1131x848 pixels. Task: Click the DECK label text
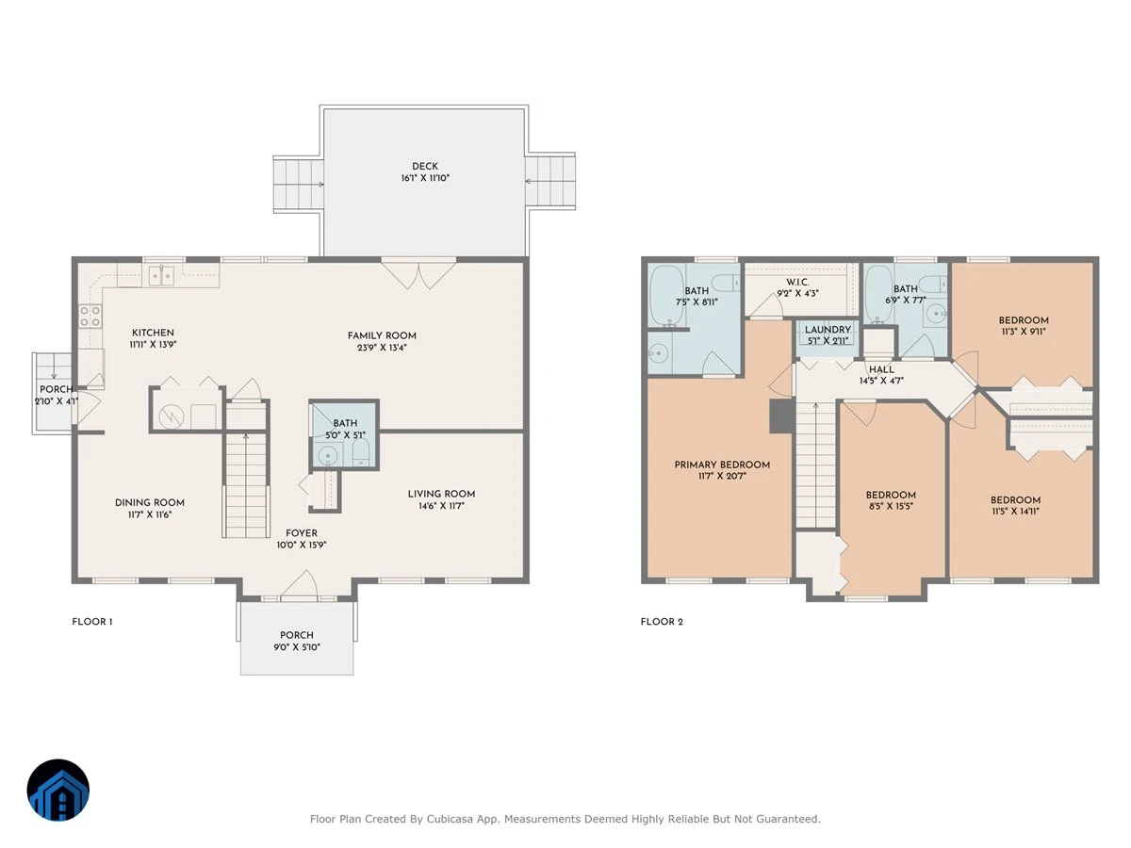[424, 167]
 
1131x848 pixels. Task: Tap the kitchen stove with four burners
[90, 316]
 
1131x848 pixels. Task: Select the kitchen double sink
[161, 275]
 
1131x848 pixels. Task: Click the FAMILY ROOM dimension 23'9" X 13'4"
[382, 348]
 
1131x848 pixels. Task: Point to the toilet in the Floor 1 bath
[361, 452]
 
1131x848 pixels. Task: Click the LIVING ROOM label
[441, 494]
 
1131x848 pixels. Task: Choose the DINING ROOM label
[150, 502]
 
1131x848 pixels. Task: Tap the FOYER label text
[302, 533]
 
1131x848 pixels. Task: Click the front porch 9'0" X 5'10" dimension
[297, 647]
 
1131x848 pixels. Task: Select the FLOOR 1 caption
[92, 622]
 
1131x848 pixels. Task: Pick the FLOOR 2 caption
[662, 622]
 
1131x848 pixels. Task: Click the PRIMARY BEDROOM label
[722, 465]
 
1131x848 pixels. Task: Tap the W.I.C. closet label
[797, 282]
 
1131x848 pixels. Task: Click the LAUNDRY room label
[828, 330]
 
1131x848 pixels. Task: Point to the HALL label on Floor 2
[881, 369]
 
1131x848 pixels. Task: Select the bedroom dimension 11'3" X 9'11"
[1024, 332]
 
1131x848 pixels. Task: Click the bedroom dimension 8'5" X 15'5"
[891, 506]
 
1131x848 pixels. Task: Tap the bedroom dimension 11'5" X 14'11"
[1015, 512]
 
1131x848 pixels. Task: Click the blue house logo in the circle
[58, 790]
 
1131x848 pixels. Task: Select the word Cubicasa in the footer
[450, 819]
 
